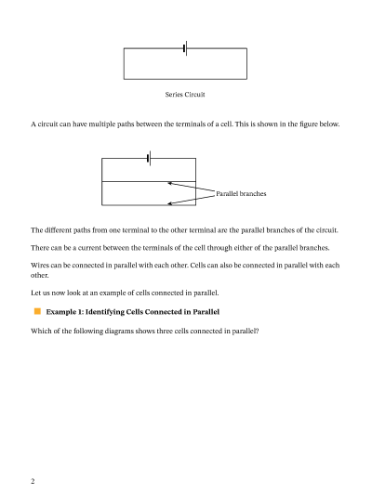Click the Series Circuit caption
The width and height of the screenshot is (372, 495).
click(x=185, y=95)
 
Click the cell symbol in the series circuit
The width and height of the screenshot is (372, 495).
click(x=185, y=48)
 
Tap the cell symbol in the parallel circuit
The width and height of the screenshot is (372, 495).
click(x=149, y=159)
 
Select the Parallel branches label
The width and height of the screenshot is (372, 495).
click(x=241, y=193)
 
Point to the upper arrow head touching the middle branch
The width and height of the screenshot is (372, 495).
click(x=170, y=183)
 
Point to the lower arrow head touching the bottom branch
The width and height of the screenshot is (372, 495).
click(x=170, y=204)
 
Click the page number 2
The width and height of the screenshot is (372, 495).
click(x=33, y=481)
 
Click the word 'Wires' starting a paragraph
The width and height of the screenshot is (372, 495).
click(x=42, y=266)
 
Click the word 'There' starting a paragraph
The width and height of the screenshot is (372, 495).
click(x=42, y=247)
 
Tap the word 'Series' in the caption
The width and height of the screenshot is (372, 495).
click(x=175, y=95)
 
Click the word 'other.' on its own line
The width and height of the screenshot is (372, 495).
click(x=40, y=276)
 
